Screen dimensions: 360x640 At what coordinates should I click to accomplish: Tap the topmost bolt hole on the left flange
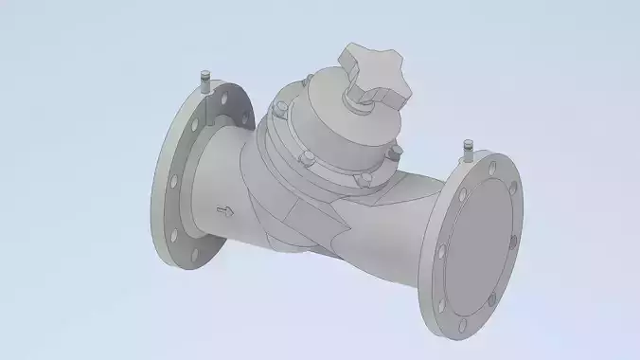tap(220, 97)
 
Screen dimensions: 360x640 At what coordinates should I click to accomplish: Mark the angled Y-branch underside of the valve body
tap(312, 227)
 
